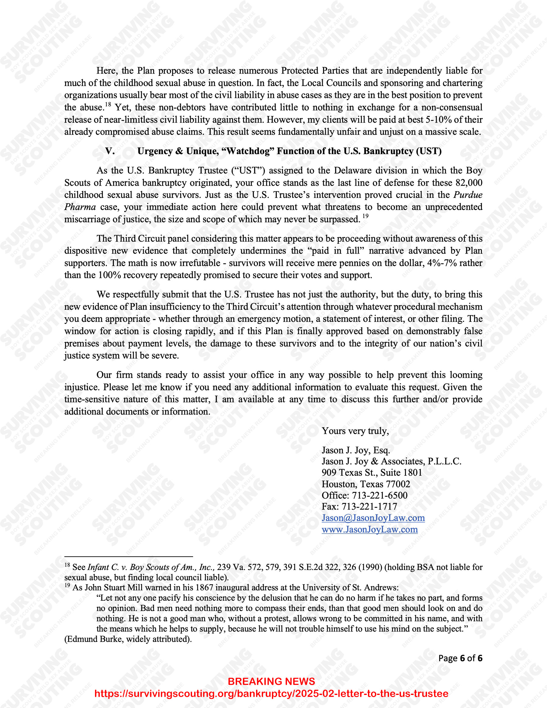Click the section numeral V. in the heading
click(x=110, y=151)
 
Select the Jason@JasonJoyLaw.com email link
click(x=373, y=518)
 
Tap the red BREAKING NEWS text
click(x=271, y=682)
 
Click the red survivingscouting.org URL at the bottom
click(x=271, y=693)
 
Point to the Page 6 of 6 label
click(x=460, y=658)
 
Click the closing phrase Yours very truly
click(x=355, y=431)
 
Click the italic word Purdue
click(x=468, y=195)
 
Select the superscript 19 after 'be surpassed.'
click(x=365, y=216)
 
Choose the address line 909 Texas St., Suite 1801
click(x=372, y=473)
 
